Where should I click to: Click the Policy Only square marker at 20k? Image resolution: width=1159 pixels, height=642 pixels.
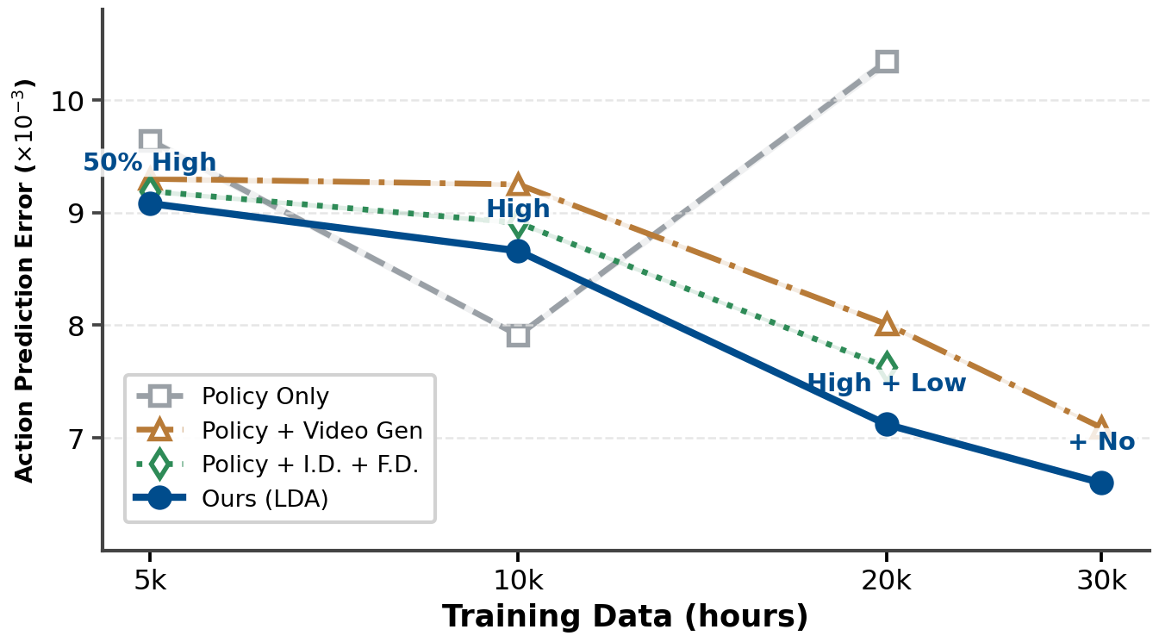887,61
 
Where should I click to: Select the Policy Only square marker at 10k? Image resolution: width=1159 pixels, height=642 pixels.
518,335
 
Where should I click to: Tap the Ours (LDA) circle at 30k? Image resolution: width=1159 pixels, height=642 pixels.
1100,483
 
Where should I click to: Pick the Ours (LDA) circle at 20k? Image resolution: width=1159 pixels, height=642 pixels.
887,424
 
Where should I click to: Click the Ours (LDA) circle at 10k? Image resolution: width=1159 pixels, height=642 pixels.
518,251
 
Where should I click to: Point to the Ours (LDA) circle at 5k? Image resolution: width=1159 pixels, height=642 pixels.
150,203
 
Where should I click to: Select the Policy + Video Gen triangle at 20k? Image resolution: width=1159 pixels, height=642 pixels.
887,325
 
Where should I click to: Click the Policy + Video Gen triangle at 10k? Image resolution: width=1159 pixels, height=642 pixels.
518,184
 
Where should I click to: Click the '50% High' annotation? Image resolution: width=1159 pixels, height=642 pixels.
150,163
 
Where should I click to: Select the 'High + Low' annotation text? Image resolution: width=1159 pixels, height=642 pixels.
887,383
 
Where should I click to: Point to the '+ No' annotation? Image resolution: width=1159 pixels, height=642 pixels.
1101,442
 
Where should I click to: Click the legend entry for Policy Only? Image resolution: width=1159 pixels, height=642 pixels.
265,396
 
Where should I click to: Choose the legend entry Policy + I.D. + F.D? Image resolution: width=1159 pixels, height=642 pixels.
309,464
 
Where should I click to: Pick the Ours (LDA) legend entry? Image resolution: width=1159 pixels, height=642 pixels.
265,499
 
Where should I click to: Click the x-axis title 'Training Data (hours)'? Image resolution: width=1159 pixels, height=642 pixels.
625,617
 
